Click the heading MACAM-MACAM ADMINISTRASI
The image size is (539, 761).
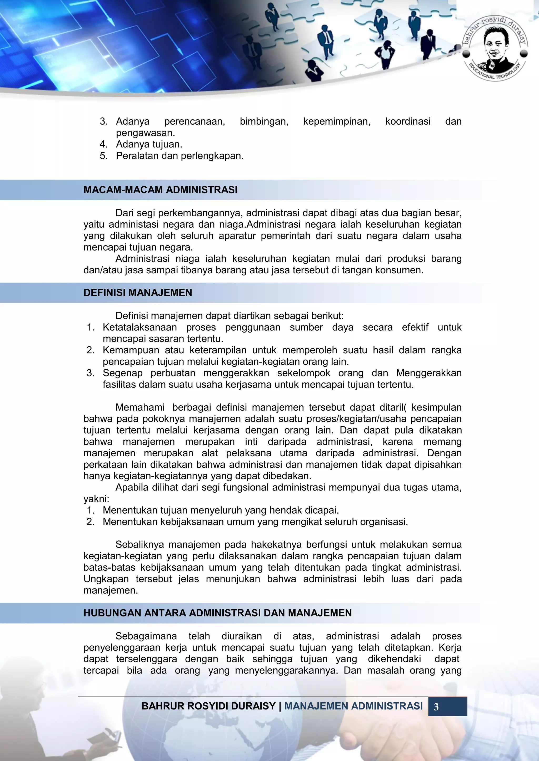(x=160, y=190)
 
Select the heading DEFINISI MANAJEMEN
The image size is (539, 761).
(x=138, y=293)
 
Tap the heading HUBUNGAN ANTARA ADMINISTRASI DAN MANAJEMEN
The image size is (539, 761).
(x=217, y=613)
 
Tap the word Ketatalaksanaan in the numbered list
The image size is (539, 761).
(x=139, y=328)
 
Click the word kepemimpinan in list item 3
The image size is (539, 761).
(x=337, y=121)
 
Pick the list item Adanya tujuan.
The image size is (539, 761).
(x=149, y=144)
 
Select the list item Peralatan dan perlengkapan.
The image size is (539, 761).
(x=179, y=156)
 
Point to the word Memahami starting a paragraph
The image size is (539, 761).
(x=140, y=407)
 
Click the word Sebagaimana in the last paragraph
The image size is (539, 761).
(x=146, y=636)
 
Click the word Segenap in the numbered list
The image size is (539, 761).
(x=122, y=373)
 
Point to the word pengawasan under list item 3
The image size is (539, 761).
(x=145, y=133)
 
